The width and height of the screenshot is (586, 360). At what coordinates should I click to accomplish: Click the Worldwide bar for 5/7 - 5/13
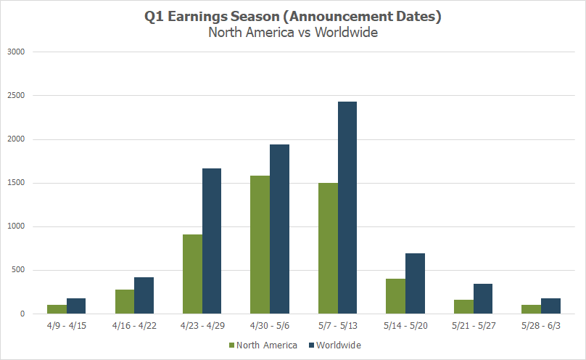(x=347, y=208)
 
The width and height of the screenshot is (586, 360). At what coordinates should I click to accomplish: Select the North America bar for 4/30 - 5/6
(x=260, y=245)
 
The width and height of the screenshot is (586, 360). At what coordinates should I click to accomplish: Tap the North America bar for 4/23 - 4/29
(x=192, y=274)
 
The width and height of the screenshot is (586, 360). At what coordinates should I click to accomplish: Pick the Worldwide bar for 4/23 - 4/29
(x=211, y=241)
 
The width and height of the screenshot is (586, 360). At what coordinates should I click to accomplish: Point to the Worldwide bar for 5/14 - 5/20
(x=415, y=283)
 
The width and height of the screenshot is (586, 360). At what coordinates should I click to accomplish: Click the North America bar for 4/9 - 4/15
(x=57, y=309)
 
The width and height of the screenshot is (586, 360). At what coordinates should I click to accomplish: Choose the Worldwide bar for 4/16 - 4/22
(x=144, y=295)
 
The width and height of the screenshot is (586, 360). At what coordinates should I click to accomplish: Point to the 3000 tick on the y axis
(x=15, y=52)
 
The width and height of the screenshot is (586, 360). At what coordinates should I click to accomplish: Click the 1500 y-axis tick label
(x=15, y=183)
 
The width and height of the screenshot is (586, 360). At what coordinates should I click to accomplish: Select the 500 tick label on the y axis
(x=17, y=271)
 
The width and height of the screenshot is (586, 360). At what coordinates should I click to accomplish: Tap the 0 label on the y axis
(x=22, y=314)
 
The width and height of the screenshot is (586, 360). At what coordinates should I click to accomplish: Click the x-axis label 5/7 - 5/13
(x=337, y=327)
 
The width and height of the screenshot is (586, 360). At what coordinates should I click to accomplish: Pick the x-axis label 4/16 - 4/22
(x=134, y=327)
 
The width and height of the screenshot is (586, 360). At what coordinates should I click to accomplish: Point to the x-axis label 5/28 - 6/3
(x=541, y=327)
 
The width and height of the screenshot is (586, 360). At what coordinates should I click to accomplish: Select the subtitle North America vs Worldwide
(x=293, y=33)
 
